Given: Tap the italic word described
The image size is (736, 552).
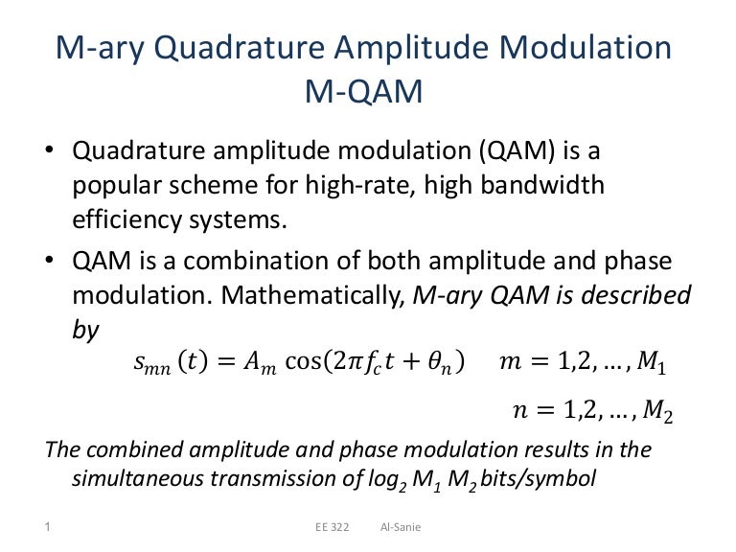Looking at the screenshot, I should [x=633, y=295].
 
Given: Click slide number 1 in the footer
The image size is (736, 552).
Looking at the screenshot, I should [x=47, y=526].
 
